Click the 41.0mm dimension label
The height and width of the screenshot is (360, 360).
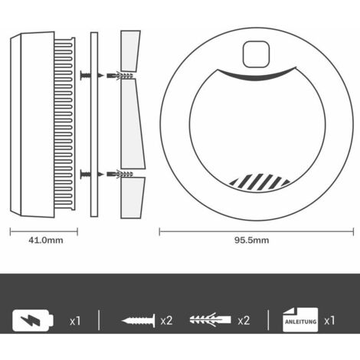coord(46,241)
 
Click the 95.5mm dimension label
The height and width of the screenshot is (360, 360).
coord(252,241)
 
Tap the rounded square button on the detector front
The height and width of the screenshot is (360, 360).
coord(256,54)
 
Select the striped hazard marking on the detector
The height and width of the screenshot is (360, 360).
coord(260,182)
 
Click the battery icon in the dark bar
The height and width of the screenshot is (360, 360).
coord(33,320)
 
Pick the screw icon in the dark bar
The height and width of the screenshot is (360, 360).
coord(138,320)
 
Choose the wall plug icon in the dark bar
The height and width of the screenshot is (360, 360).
coord(210,319)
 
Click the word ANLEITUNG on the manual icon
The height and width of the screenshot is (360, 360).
coord(300,322)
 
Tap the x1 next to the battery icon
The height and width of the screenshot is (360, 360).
coord(75,321)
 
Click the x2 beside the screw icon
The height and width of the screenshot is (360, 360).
coord(166,321)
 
